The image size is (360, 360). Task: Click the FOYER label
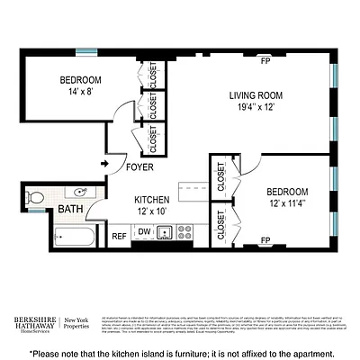click(x=139, y=167)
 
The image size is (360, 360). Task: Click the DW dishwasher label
click(x=144, y=232)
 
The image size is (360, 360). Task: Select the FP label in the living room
click(x=265, y=62)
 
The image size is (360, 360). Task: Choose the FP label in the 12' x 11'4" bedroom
click(x=265, y=240)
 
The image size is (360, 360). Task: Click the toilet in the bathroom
click(x=34, y=195)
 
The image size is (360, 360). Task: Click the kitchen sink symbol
click(x=165, y=232)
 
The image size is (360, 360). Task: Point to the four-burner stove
click(x=184, y=230)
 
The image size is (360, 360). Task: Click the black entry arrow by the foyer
click(x=104, y=164)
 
